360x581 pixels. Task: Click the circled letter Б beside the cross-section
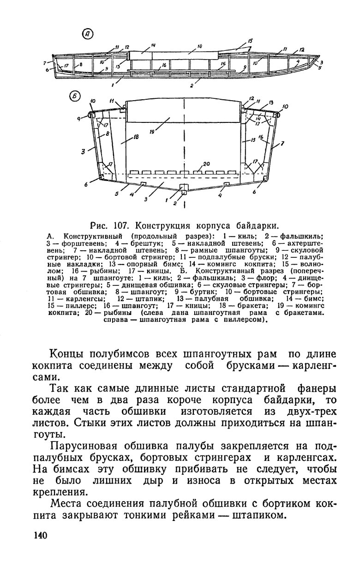(75, 97)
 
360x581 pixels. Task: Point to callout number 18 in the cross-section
(136, 137)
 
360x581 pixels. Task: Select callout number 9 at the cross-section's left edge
(79, 118)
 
